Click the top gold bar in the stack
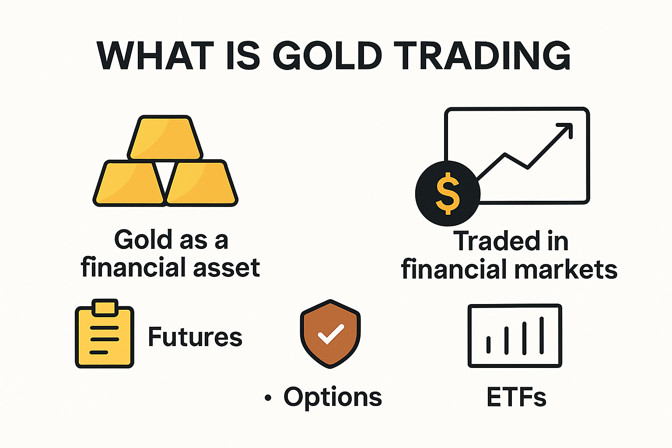point(165,138)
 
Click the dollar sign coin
point(448,193)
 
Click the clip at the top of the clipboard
point(105,307)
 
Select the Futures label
point(195,337)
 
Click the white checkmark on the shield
point(331,334)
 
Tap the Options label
point(332,397)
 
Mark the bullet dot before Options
point(268,398)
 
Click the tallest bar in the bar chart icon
point(542,335)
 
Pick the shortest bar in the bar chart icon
point(489,345)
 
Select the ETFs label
point(516,397)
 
